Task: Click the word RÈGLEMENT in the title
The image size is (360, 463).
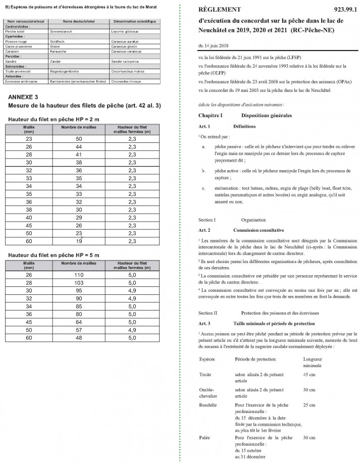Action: coord(220,10)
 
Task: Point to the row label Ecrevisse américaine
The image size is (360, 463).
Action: coord(19,80)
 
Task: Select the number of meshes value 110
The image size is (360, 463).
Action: coord(79,274)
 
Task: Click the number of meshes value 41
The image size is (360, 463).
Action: coord(79,153)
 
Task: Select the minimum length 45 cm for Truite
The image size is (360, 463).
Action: coord(309,374)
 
